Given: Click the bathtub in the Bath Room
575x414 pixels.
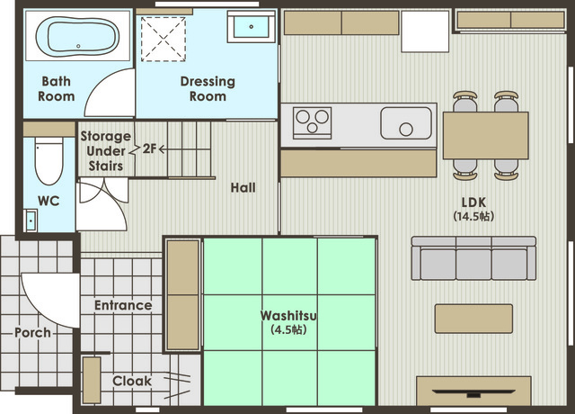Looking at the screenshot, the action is [77, 36].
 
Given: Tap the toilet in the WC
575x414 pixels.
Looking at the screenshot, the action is [49, 161].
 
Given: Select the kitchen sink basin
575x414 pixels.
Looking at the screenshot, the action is [406, 123].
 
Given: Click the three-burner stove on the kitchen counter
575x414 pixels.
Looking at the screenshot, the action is [312, 122].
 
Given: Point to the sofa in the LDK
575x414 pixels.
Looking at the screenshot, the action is [473, 258].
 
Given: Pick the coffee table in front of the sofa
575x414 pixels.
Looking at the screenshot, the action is [473, 319].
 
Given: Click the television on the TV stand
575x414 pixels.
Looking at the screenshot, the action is [473, 392].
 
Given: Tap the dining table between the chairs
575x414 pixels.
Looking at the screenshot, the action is [485, 136].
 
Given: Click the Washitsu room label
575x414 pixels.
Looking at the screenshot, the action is [288, 315].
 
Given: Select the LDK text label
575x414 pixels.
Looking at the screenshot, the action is [473, 202].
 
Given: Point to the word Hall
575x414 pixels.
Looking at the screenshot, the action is [243, 188].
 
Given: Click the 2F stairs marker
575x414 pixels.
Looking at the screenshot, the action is [149, 148].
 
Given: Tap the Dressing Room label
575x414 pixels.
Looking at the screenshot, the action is [208, 88].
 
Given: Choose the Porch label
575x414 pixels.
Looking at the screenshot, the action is [32, 333].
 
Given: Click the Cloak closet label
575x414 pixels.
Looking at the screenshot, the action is [132, 381].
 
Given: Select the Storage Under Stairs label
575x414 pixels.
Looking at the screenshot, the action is [106, 151].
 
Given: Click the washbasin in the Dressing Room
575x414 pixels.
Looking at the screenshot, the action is [252, 27].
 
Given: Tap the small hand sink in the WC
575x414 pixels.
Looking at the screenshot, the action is [31, 220].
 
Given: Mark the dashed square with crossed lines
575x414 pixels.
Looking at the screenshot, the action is [164, 39].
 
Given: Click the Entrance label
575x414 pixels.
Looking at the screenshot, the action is [123, 305].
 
